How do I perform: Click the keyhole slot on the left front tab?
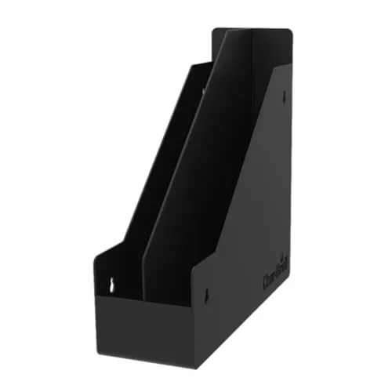[x=111, y=285]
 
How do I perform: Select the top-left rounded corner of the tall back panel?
[x=215, y=31]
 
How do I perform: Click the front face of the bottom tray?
[x=145, y=329]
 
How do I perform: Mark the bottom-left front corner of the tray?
[x=97, y=346]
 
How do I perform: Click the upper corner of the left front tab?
[x=95, y=254]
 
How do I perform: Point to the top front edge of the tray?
[x=145, y=299]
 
